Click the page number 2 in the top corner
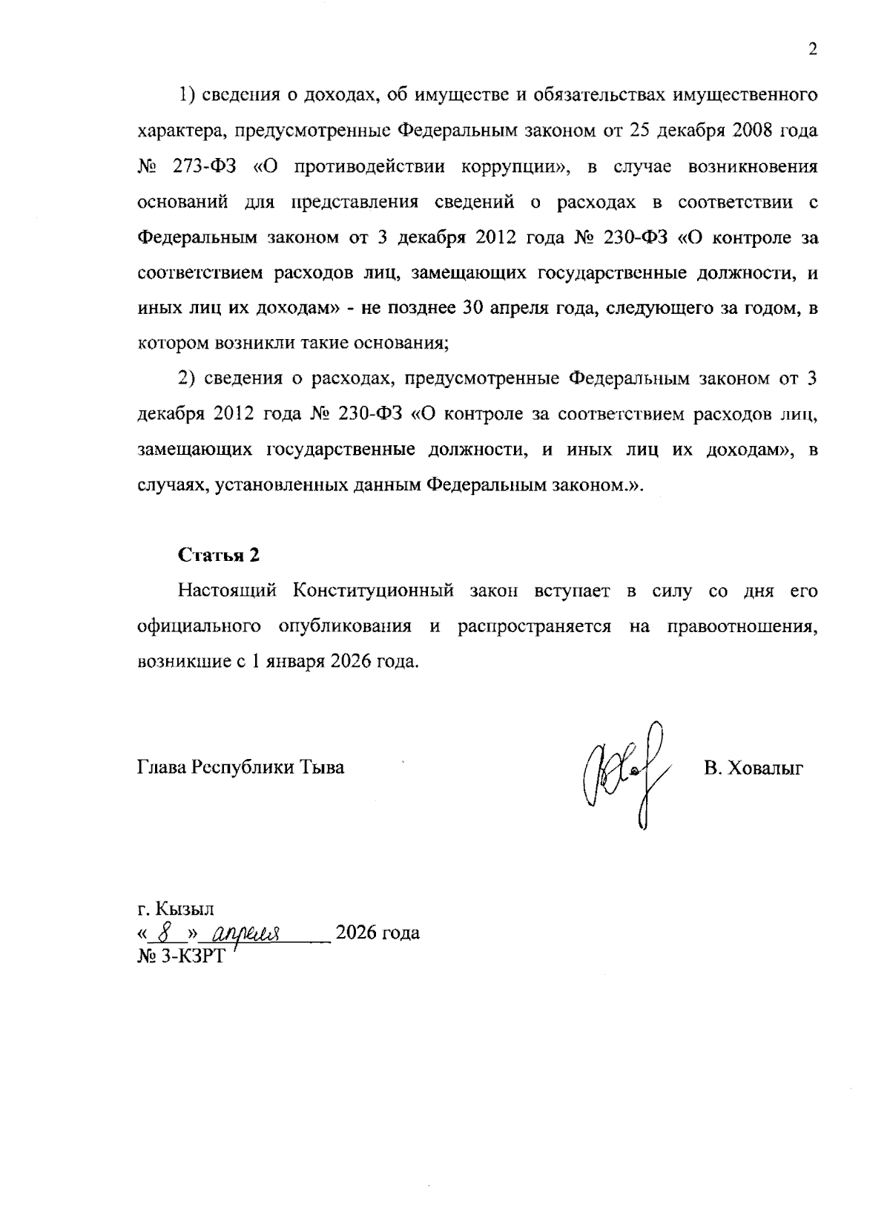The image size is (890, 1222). tap(812, 50)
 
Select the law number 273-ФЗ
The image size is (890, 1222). tap(205, 166)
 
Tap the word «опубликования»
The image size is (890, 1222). tap(345, 626)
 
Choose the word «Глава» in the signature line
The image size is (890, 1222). tap(162, 767)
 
